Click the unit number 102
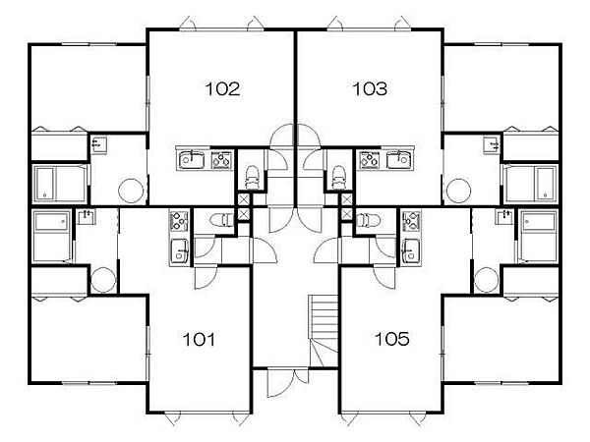pos(222,89)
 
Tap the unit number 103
pos(370,89)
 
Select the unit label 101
pos(199,340)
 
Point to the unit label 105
pos(392,339)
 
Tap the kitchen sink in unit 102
pos(192,160)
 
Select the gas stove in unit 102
pos(221,160)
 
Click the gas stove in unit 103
pos(369,160)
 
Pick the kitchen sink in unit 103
pos(399,160)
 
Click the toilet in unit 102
pos(252,177)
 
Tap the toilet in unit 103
pos(338,177)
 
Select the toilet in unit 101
pos(222,220)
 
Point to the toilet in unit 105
pos(369,220)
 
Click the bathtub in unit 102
pos(60,184)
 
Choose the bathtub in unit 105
pos(539,236)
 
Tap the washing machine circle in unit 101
pos(103,280)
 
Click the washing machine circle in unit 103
pos(458,191)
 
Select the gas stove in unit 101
pos(179,221)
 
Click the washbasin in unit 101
pos(87,217)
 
